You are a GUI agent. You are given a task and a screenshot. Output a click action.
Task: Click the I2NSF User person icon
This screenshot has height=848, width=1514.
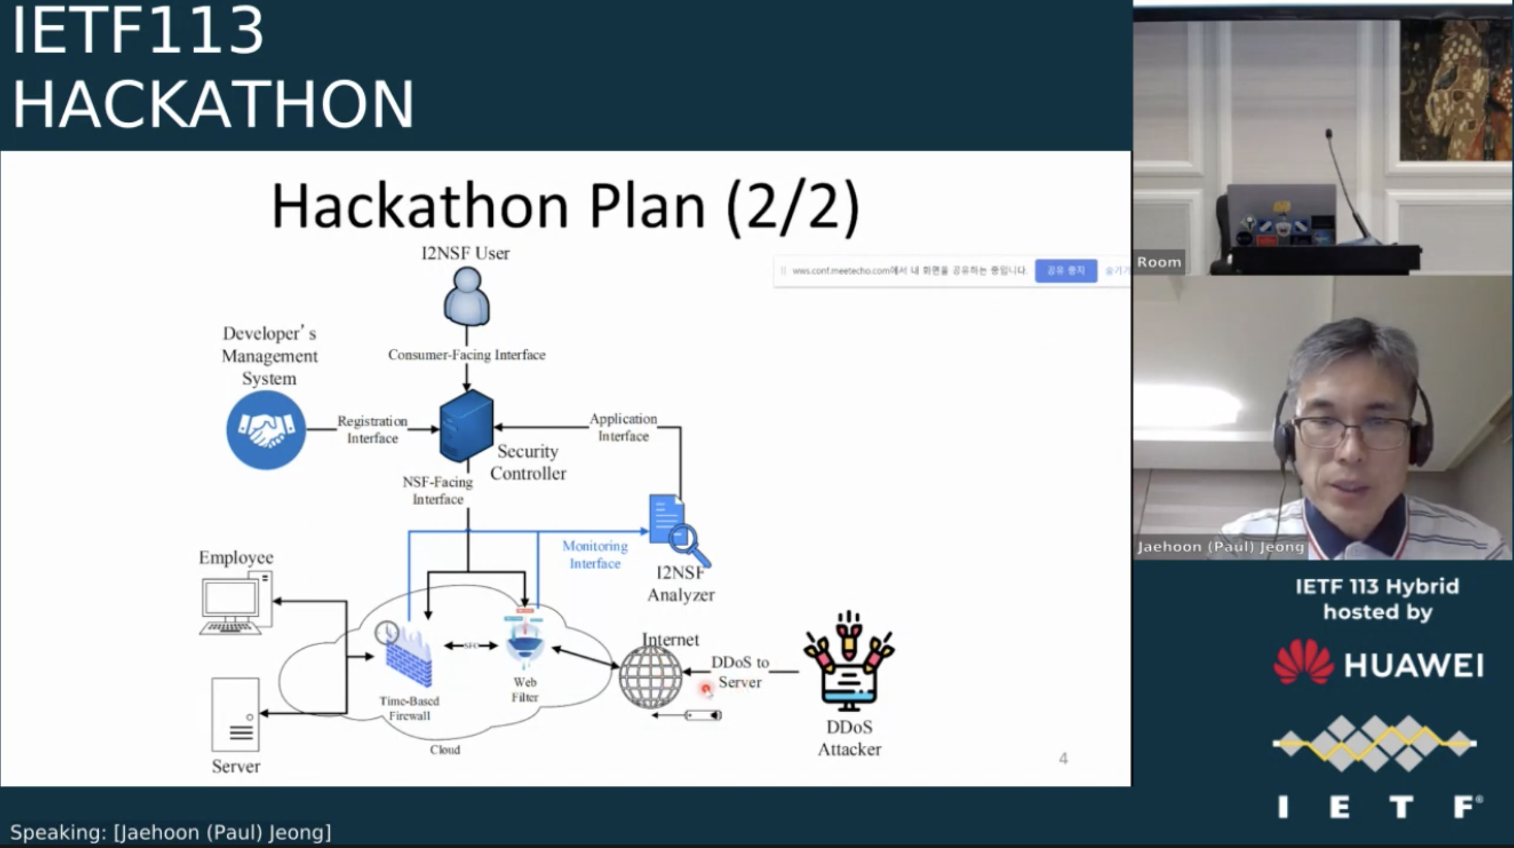[466, 298]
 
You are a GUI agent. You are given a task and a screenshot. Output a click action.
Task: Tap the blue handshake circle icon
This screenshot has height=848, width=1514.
[266, 430]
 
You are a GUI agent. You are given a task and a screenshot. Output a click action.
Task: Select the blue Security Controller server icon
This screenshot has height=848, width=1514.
[466, 425]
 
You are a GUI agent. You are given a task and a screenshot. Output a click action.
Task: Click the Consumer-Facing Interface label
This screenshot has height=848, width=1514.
[466, 355]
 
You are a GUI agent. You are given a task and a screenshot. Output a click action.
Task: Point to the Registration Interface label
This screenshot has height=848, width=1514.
[372, 429]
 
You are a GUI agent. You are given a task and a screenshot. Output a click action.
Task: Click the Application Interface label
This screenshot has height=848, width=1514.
[623, 427]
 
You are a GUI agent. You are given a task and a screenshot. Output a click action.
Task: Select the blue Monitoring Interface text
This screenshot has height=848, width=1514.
[594, 554]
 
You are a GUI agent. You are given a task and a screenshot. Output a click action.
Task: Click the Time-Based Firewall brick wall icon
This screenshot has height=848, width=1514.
[408, 659]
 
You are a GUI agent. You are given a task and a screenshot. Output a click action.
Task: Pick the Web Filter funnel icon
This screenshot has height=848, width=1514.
[524, 642]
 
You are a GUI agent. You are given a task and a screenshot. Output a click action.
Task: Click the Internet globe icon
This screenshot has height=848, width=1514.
[650, 677]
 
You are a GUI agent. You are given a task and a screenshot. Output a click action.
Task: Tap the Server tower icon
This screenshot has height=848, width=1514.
[235, 714]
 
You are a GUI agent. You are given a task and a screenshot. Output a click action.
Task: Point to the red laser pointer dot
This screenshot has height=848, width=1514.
[705, 689]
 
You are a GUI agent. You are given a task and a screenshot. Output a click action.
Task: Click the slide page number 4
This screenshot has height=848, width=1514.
[1063, 758]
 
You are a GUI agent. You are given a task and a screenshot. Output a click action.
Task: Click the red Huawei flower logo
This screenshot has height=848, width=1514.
[1303, 662]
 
